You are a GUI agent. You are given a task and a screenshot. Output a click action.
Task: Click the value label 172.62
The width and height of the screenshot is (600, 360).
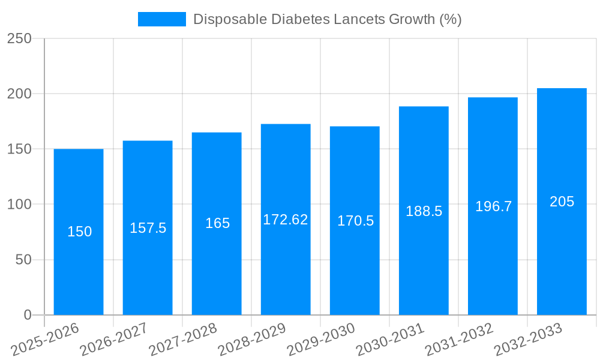click(x=286, y=220)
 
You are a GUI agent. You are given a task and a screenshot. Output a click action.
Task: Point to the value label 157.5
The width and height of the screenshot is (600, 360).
click(x=148, y=228)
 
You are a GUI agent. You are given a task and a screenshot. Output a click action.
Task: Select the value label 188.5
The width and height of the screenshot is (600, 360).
click(x=424, y=211)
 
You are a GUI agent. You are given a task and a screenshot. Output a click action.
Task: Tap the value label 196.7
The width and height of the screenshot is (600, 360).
click(x=493, y=206)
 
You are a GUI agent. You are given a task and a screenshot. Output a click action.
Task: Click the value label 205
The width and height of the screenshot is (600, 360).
click(x=562, y=202)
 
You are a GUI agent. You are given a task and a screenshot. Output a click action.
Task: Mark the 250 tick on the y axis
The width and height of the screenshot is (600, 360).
click(x=19, y=38)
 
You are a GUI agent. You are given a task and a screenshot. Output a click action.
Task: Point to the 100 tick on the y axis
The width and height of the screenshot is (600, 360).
click(x=19, y=205)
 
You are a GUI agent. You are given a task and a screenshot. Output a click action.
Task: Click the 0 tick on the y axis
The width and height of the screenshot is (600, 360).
click(x=27, y=315)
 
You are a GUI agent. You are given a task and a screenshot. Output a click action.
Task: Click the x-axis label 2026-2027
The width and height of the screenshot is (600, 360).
click(x=114, y=339)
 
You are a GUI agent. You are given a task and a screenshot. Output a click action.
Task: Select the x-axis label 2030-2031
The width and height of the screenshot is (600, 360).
click(x=390, y=339)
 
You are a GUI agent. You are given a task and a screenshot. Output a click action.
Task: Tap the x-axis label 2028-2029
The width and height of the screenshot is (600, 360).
click(x=252, y=339)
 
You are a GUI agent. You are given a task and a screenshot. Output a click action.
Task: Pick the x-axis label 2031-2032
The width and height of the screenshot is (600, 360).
click(x=459, y=339)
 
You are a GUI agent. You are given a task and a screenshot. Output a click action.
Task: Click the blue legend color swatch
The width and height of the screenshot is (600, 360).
click(x=162, y=19)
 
